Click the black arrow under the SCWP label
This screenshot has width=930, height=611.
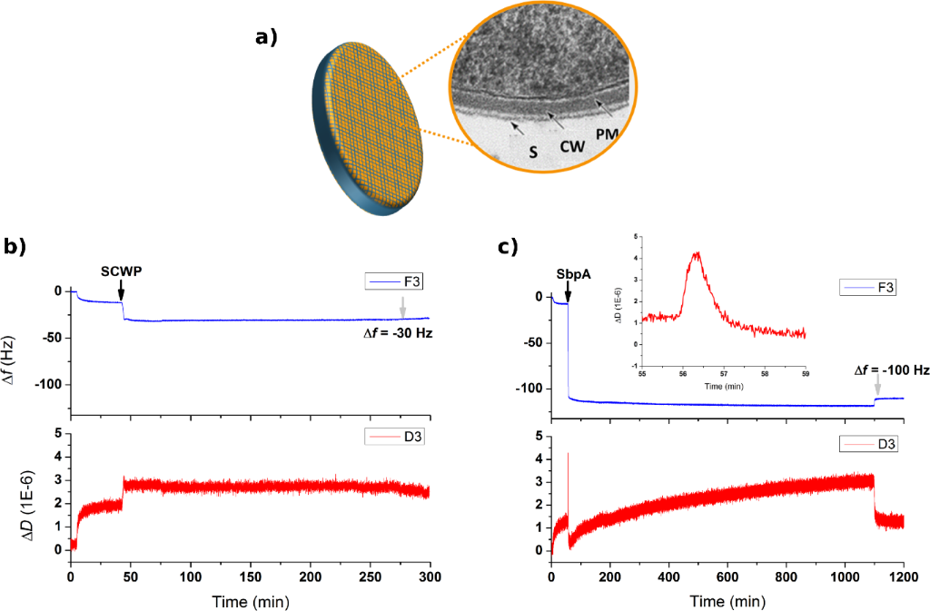[x=121, y=290]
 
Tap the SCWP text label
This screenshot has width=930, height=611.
[x=121, y=271]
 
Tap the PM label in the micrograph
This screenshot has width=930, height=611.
[x=608, y=135]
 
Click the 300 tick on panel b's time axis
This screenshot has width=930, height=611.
[x=430, y=577]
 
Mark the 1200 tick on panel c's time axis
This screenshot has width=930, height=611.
[x=904, y=577]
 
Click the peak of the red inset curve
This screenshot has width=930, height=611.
[x=697, y=253]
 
